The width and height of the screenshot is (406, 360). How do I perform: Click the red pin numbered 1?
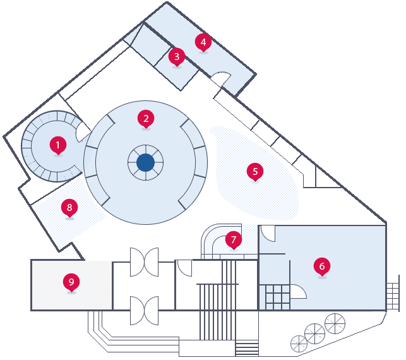(x=58, y=146)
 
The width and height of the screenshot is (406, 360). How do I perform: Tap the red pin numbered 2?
(x=146, y=117)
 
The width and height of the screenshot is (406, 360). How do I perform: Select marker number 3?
(x=177, y=56)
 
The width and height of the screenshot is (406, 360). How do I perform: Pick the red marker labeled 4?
(x=203, y=42)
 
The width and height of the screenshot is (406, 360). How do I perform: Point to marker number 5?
(x=255, y=171)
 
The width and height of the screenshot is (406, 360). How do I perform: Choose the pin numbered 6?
(x=322, y=266)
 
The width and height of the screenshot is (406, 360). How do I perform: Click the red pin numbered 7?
(x=234, y=239)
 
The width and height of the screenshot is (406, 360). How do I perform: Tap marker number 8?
(x=69, y=207)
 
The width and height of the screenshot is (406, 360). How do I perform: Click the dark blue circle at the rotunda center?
(x=145, y=162)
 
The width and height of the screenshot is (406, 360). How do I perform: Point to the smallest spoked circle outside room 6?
(x=299, y=344)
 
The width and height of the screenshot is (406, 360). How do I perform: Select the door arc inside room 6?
(x=299, y=291)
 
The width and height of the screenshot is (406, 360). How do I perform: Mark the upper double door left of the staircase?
(x=144, y=261)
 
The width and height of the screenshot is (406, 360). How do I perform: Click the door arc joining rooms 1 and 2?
(x=83, y=132)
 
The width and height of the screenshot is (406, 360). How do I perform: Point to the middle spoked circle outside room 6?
(x=314, y=333)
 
